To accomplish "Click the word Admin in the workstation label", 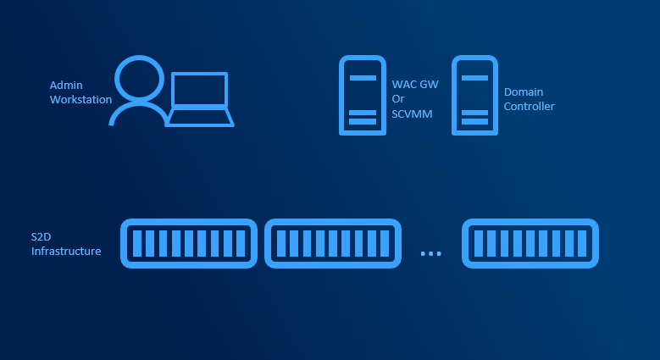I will [65, 86].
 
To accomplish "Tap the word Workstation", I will [80, 100].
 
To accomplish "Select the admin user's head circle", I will [138, 79].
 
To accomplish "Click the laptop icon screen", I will [200, 90].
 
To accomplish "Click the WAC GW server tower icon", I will [363, 95].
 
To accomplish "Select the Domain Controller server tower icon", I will [475, 95].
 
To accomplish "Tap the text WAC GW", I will [409, 85].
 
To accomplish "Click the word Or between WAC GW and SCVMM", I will [398, 99].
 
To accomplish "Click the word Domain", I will [524, 91].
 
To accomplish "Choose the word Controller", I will [530, 106].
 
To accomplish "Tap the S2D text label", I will [42, 237].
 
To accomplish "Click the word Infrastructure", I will [66, 252].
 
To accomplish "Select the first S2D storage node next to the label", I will [188, 243].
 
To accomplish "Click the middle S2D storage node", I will [332, 243].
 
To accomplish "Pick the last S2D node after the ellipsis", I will [530, 243].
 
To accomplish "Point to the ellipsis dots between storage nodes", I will [430, 253].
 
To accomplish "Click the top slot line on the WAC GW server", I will [363, 77].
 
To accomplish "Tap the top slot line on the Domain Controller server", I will [475, 77].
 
